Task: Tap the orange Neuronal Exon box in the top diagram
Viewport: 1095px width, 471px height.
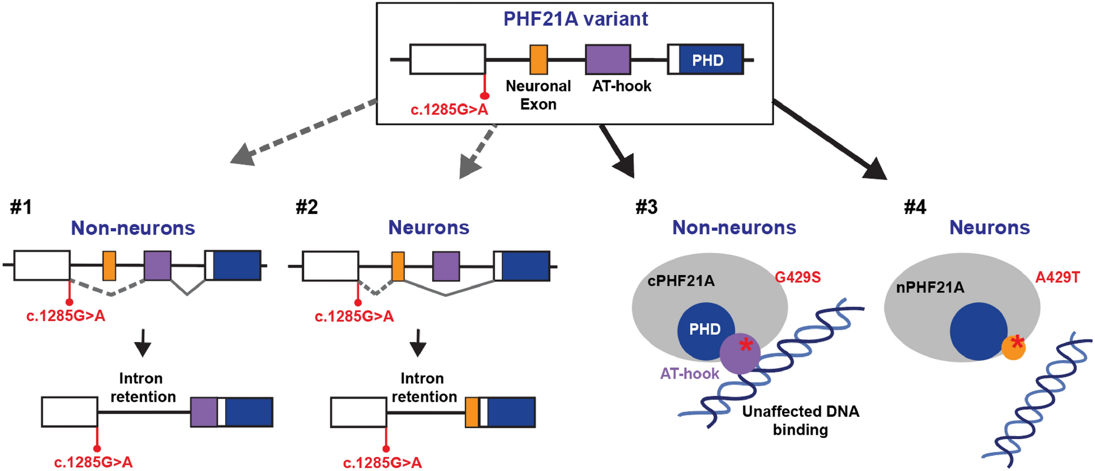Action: [538, 59]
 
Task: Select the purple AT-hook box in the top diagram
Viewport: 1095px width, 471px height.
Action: [608, 59]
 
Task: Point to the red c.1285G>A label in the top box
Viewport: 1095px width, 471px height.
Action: [449, 110]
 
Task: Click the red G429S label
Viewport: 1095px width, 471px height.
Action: [797, 277]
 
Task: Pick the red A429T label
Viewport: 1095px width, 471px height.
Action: [1057, 277]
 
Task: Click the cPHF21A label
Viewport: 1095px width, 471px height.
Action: [681, 281]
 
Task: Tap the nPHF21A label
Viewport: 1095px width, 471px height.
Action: [930, 287]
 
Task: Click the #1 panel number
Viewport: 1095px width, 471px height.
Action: [21, 207]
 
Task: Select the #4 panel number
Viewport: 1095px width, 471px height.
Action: [915, 207]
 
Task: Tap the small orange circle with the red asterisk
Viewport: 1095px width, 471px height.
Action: [1013, 347]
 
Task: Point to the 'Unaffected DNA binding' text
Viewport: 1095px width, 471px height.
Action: [800, 421]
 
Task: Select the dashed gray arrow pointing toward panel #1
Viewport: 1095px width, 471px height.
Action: [303, 132]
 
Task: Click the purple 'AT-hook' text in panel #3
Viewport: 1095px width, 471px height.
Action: [689, 374]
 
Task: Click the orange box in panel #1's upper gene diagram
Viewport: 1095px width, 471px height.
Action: [109, 266]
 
